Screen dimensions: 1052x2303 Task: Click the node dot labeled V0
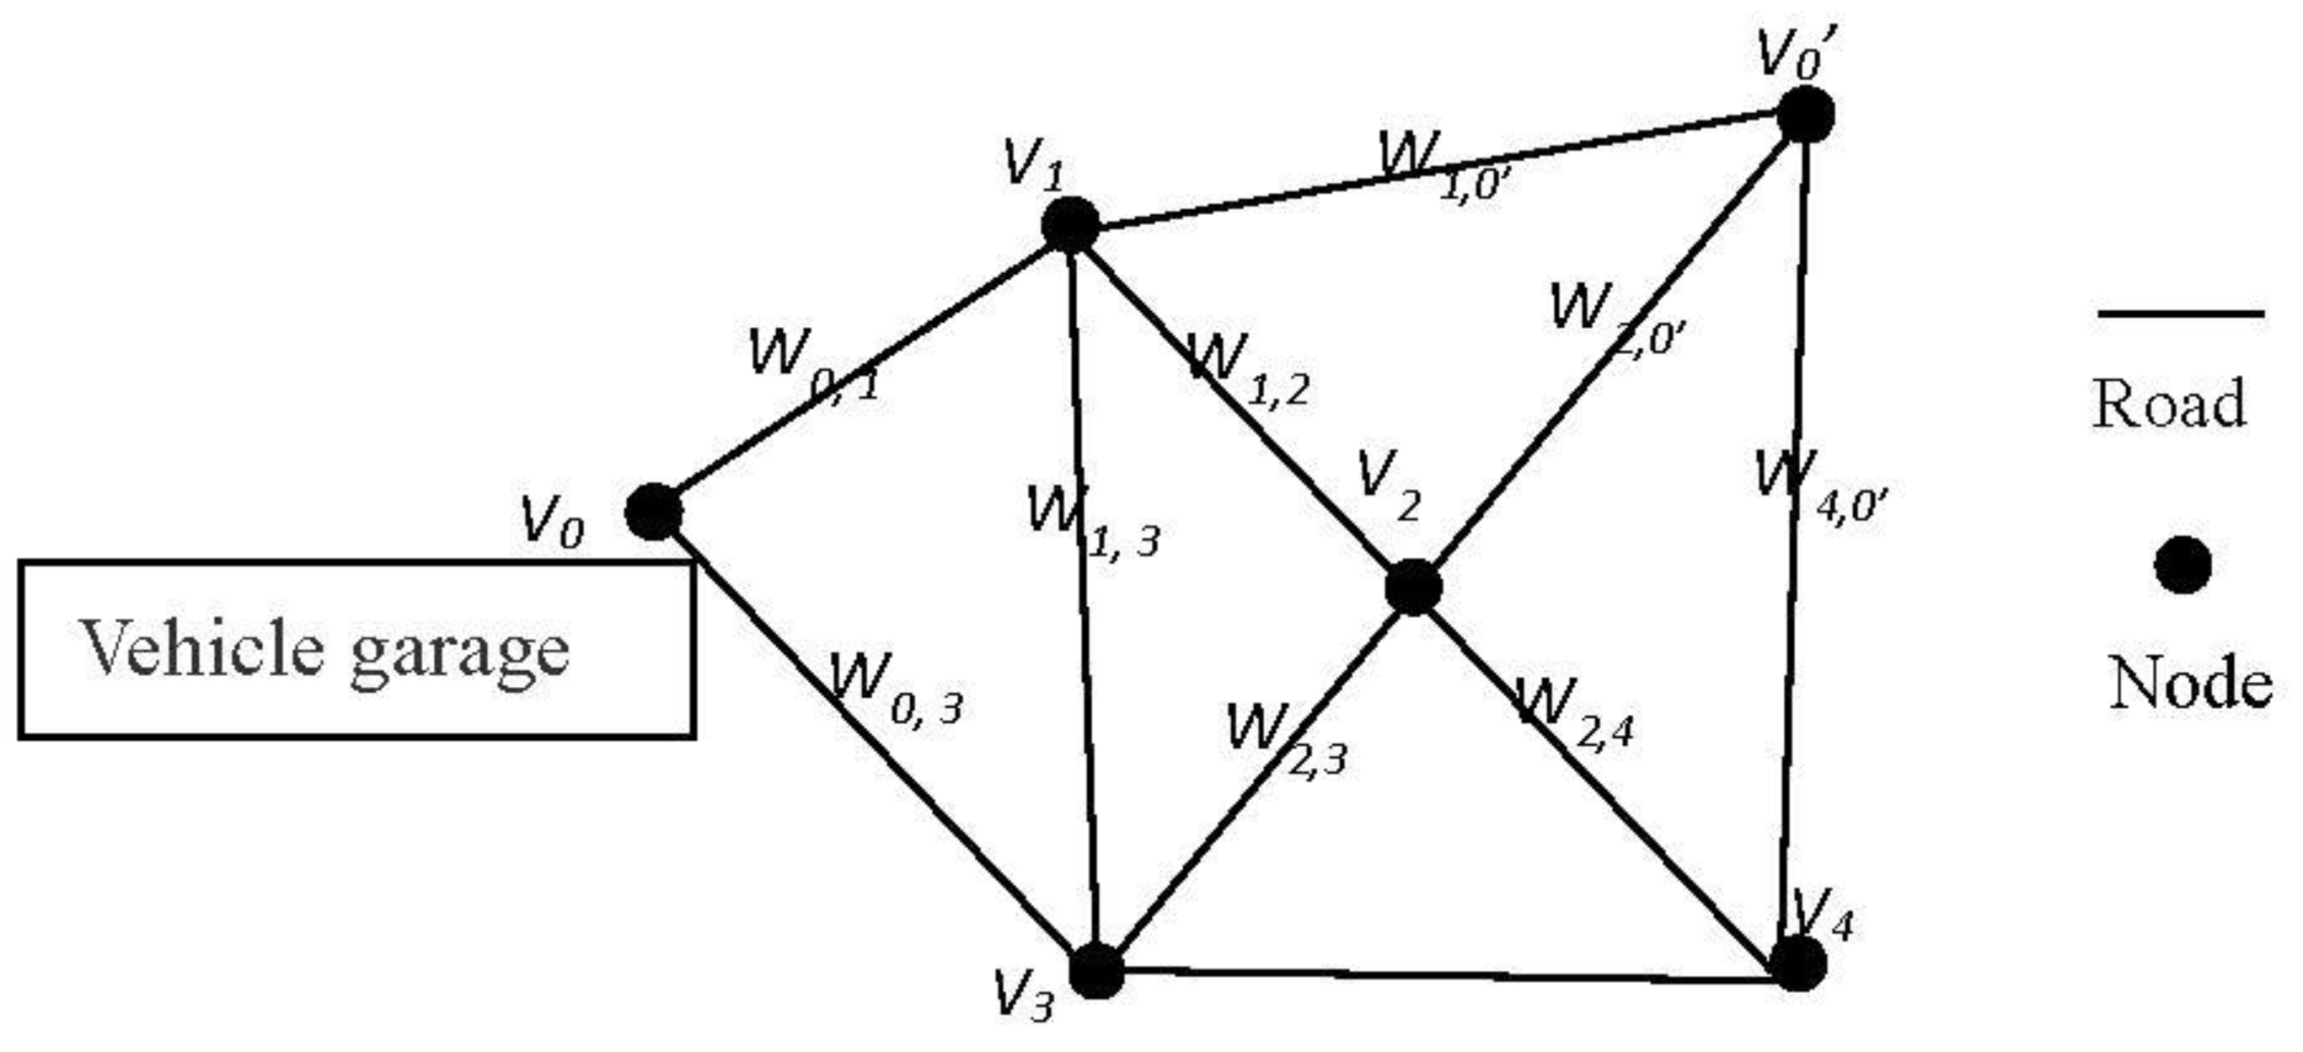point(654,512)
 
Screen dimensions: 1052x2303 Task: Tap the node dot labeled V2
point(1413,588)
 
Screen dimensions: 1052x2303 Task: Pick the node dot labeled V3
point(1096,970)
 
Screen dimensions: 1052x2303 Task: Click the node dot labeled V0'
point(1806,115)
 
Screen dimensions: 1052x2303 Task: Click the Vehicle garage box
point(356,649)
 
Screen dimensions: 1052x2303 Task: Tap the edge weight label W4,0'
point(1820,486)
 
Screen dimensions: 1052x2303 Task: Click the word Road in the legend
point(2169,404)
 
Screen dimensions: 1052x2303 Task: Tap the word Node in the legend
point(2190,684)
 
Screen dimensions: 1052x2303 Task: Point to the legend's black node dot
point(2183,566)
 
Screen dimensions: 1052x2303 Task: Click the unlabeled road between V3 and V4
point(1449,975)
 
